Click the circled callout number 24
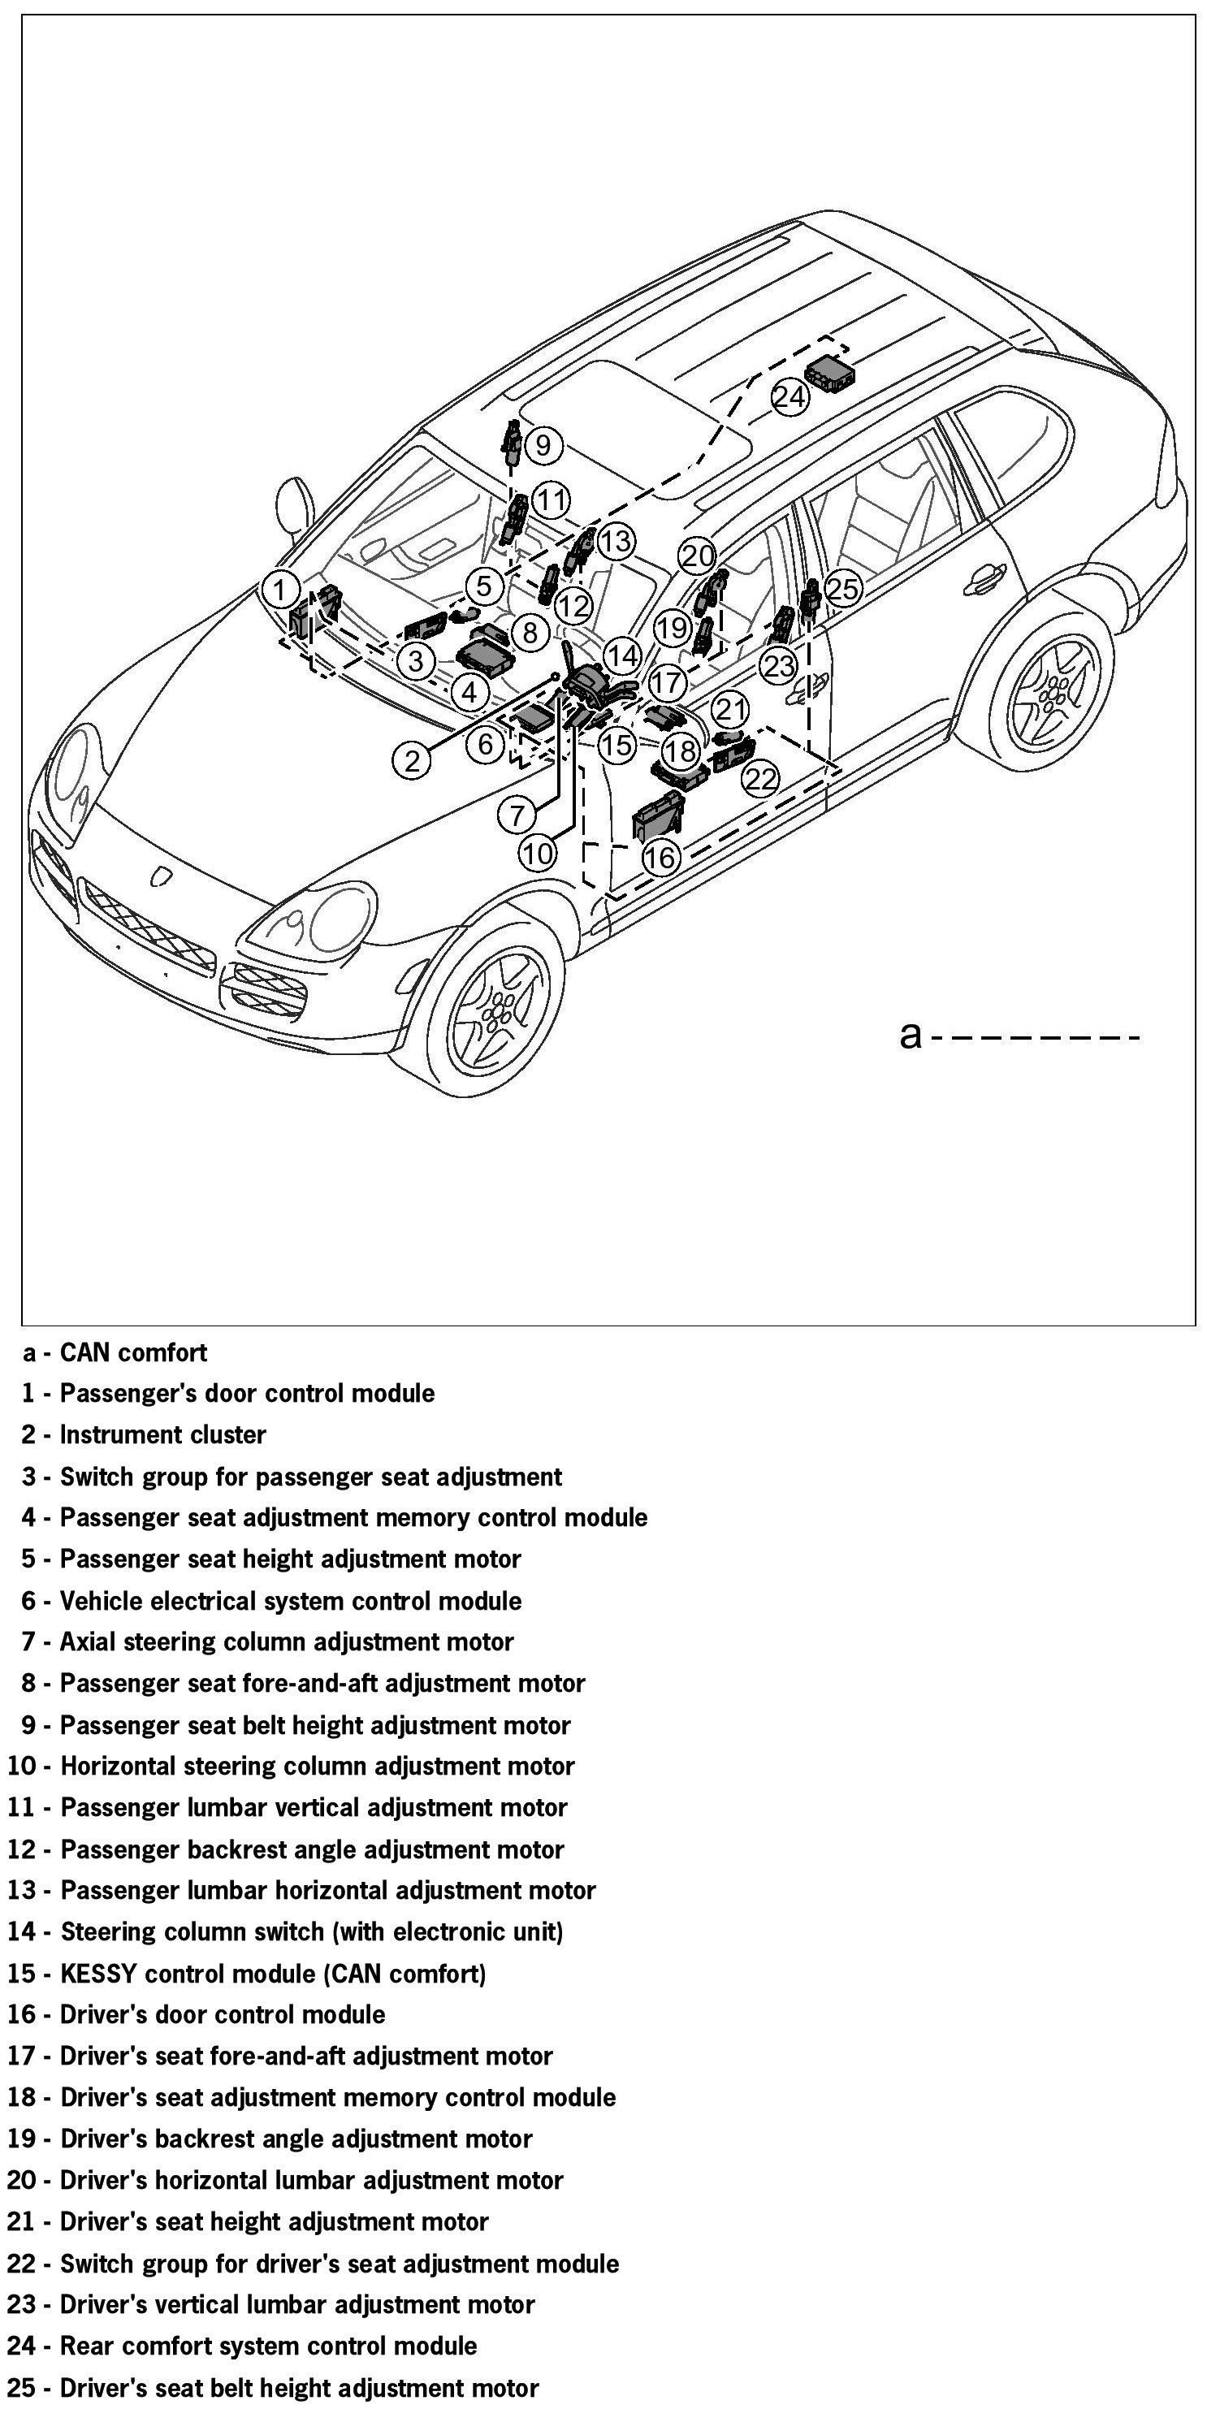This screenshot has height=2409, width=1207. click(x=788, y=397)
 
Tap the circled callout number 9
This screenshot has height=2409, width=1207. click(x=543, y=444)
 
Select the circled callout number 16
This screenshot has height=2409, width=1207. click(x=660, y=857)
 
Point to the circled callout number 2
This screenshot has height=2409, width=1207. click(x=413, y=760)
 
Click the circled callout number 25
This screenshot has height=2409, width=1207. click(x=842, y=588)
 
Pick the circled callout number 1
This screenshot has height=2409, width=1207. click(x=280, y=589)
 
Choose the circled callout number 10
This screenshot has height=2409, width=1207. click(x=538, y=853)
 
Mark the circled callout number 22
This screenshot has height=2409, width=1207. click(x=762, y=778)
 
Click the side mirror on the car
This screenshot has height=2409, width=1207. click(x=296, y=505)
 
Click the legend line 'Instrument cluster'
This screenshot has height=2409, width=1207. click(x=162, y=1434)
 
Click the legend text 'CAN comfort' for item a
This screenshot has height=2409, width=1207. click(x=134, y=1352)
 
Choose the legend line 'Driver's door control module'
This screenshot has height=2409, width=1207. click(x=223, y=2014)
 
